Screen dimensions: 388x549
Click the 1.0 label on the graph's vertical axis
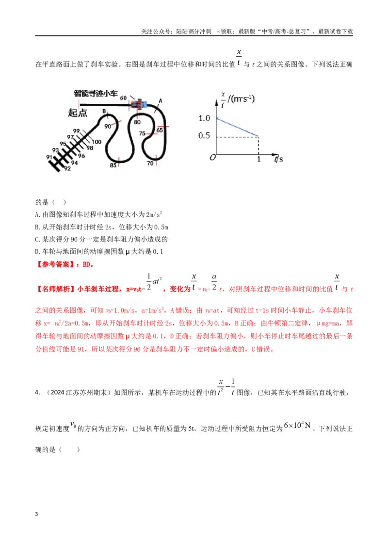click(204, 118)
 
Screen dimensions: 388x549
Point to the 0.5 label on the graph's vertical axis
click(204, 135)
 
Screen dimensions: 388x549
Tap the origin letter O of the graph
click(212, 158)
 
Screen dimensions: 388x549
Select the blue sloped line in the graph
click(238, 128)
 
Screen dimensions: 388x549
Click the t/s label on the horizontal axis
click(279, 159)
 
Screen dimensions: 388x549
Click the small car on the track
click(139, 104)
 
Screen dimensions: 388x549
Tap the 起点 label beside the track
click(78, 113)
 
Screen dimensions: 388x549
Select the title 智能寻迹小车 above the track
click(96, 94)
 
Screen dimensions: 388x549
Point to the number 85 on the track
click(113, 165)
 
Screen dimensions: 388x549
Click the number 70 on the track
click(150, 163)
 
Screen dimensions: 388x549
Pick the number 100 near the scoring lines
click(97, 142)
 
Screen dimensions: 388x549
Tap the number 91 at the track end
click(49, 157)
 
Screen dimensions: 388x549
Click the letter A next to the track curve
click(161, 101)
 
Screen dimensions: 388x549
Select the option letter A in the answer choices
click(37, 215)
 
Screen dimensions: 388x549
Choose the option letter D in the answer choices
click(37, 252)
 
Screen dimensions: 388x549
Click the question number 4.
click(37, 392)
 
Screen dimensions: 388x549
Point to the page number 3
click(36, 514)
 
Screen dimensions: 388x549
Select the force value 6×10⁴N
click(297, 425)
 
